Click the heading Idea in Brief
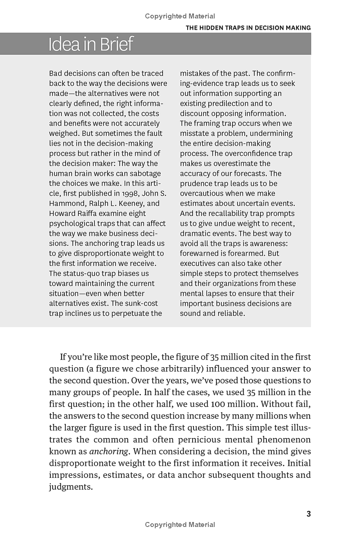pos(91,44)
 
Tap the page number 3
pos(308,514)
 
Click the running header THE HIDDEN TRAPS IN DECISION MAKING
pos(248,28)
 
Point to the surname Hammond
pos(67,203)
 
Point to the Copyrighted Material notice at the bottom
pos(180,525)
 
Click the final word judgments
pos(70,486)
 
